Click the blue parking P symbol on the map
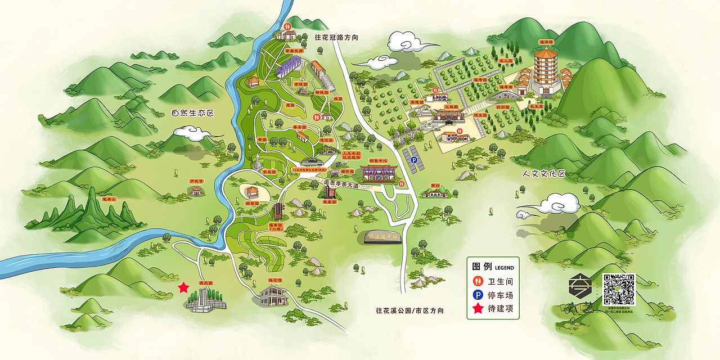coord(414,160)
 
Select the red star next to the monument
coord(183,288)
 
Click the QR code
coord(619,289)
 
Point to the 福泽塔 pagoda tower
coord(545,70)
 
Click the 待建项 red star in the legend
coord(478,308)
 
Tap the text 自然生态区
coord(193,113)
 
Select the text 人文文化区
coord(543,173)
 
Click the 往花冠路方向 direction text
coord(336,38)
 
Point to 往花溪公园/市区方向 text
coord(409,310)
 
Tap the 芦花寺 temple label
coord(195,182)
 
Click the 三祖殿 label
coord(451,106)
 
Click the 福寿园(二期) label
coord(276,227)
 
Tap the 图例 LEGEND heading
coord(492,265)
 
